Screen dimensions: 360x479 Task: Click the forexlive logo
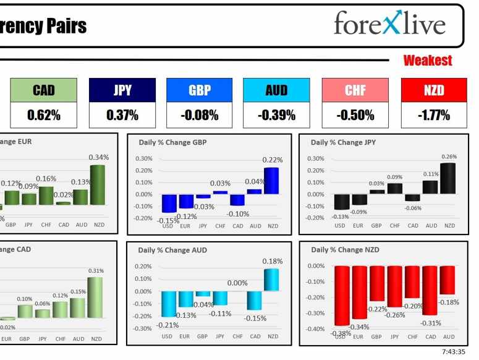389,24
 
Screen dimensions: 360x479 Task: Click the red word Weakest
428,61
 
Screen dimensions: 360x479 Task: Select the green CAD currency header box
43,90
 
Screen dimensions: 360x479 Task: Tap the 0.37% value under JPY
122,115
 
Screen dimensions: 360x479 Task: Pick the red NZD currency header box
434,90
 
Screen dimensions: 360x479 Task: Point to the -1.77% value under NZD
434,115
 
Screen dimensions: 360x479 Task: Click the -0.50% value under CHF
355,115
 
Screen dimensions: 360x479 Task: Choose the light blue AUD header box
276,90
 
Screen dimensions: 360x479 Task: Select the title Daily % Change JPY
343,142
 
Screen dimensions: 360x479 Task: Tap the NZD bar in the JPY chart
449,179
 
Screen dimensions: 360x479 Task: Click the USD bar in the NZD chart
341,296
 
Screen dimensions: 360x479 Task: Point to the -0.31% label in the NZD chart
431,323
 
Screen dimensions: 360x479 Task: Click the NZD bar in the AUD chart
272,280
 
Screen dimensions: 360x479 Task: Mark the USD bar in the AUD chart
167,304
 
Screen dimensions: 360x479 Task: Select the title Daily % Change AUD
172,251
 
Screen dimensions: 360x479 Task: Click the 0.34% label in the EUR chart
98,157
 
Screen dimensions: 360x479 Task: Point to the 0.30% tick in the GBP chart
143,159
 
